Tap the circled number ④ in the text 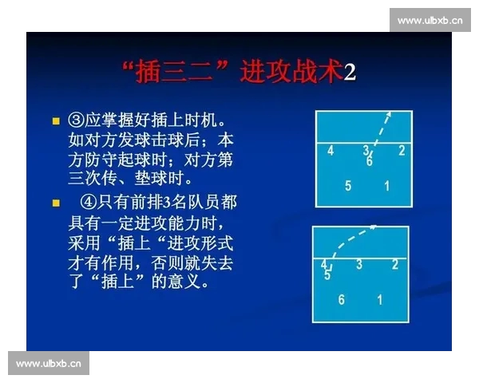click(x=89, y=202)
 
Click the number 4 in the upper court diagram click(x=331, y=150)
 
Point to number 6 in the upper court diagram click(x=370, y=161)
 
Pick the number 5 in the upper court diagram click(x=348, y=187)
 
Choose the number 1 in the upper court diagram click(x=387, y=187)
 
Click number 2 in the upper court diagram click(x=402, y=150)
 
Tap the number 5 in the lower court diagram click(x=327, y=275)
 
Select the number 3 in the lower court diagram click(x=359, y=264)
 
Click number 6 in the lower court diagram click(x=341, y=300)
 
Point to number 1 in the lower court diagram click(x=380, y=300)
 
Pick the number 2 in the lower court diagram click(x=394, y=264)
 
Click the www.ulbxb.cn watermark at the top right click(x=430, y=20)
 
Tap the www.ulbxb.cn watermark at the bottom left click(x=49, y=364)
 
